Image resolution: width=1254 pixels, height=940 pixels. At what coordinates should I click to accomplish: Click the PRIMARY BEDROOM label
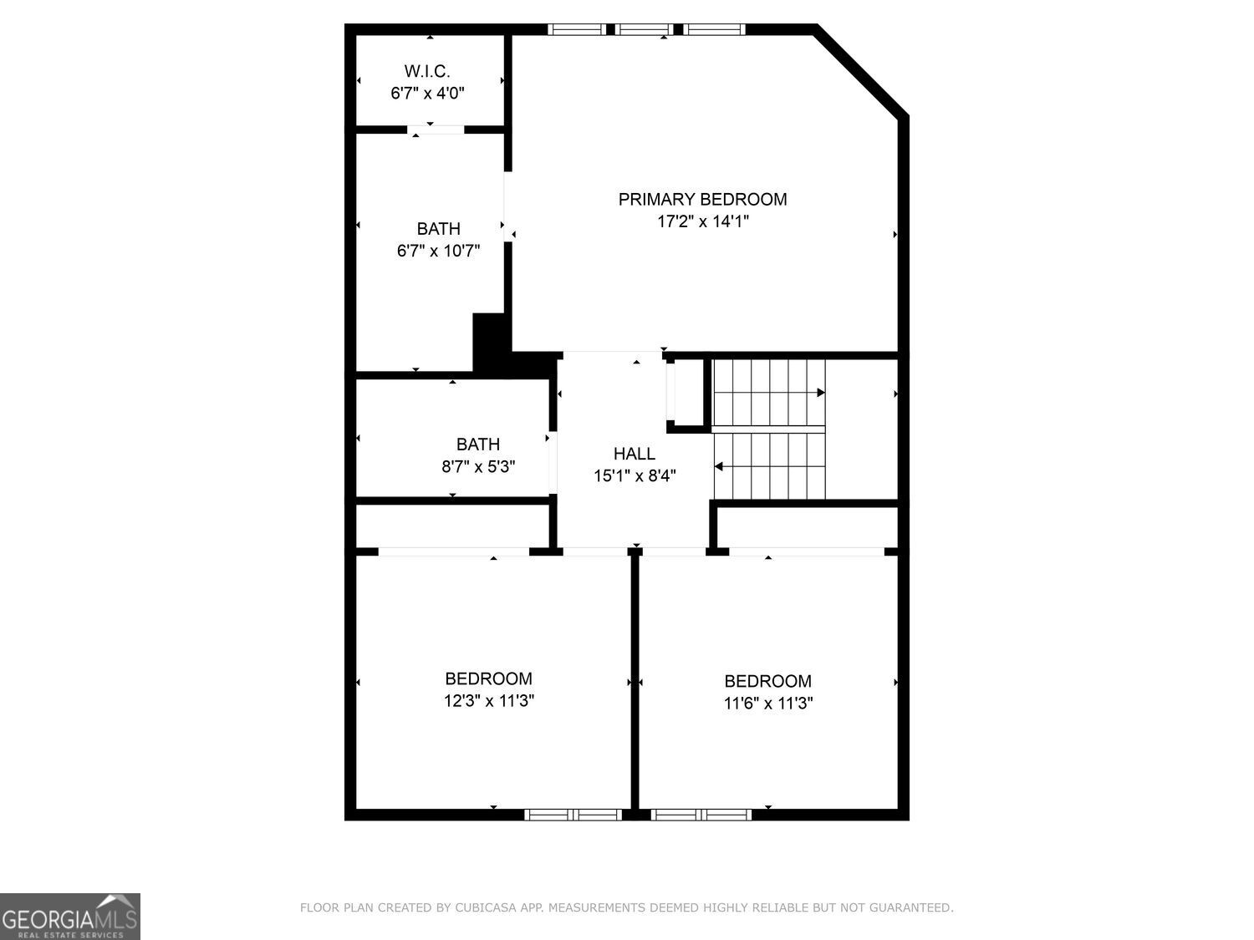pyautogui.click(x=702, y=199)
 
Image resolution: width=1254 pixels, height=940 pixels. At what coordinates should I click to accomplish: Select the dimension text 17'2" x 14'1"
pyautogui.click(x=702, y=221)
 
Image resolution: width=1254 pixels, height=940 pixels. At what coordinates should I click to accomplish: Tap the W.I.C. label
pyautogui.click(x=427, y=71)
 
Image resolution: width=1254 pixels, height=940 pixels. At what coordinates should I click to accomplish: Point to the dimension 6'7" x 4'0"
pyautogui.click(x=427, y=93)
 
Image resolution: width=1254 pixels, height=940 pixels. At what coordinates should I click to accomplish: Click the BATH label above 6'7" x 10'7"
pyautogui.click(x=438, y=228)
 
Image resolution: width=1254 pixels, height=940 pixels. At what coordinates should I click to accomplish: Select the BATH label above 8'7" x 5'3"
pyautogui.click(x=478, y=444)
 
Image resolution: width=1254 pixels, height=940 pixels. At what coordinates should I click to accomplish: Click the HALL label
pyautogui.click(x=635, y=454)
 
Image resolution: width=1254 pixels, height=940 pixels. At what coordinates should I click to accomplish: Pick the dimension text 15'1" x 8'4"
pyautogui.click(x=635, y=476)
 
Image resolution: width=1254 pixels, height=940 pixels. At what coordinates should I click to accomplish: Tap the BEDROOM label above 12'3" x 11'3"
pyautogui.click(x=488, y=678)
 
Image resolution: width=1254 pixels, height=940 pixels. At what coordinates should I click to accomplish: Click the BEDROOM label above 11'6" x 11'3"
pyautogui.click(x=767, y=681)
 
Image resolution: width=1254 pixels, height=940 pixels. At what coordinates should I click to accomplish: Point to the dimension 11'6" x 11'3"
pyautogui.click(x=767, y=704)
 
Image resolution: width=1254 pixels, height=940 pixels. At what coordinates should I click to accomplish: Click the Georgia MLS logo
pyautogui.click(x=70, y=917)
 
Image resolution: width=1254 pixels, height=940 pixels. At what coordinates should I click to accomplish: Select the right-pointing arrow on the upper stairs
pyautogui.click(x=820, y=393)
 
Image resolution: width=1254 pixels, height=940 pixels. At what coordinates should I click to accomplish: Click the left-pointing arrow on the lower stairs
pyautogui.click(x=719, y=466)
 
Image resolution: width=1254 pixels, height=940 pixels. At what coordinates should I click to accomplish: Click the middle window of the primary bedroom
pyautogui.click(x=645, y=29)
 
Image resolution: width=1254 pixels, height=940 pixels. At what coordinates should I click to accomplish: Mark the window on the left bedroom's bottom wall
pyautogui.click(x=573, y=815)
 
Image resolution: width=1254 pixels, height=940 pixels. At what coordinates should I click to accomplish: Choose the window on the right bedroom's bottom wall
pyautogui.click(x=701, y=815)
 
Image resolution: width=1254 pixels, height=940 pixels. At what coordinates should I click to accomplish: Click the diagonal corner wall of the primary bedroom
pyautogui.click(x=861, y=71)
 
